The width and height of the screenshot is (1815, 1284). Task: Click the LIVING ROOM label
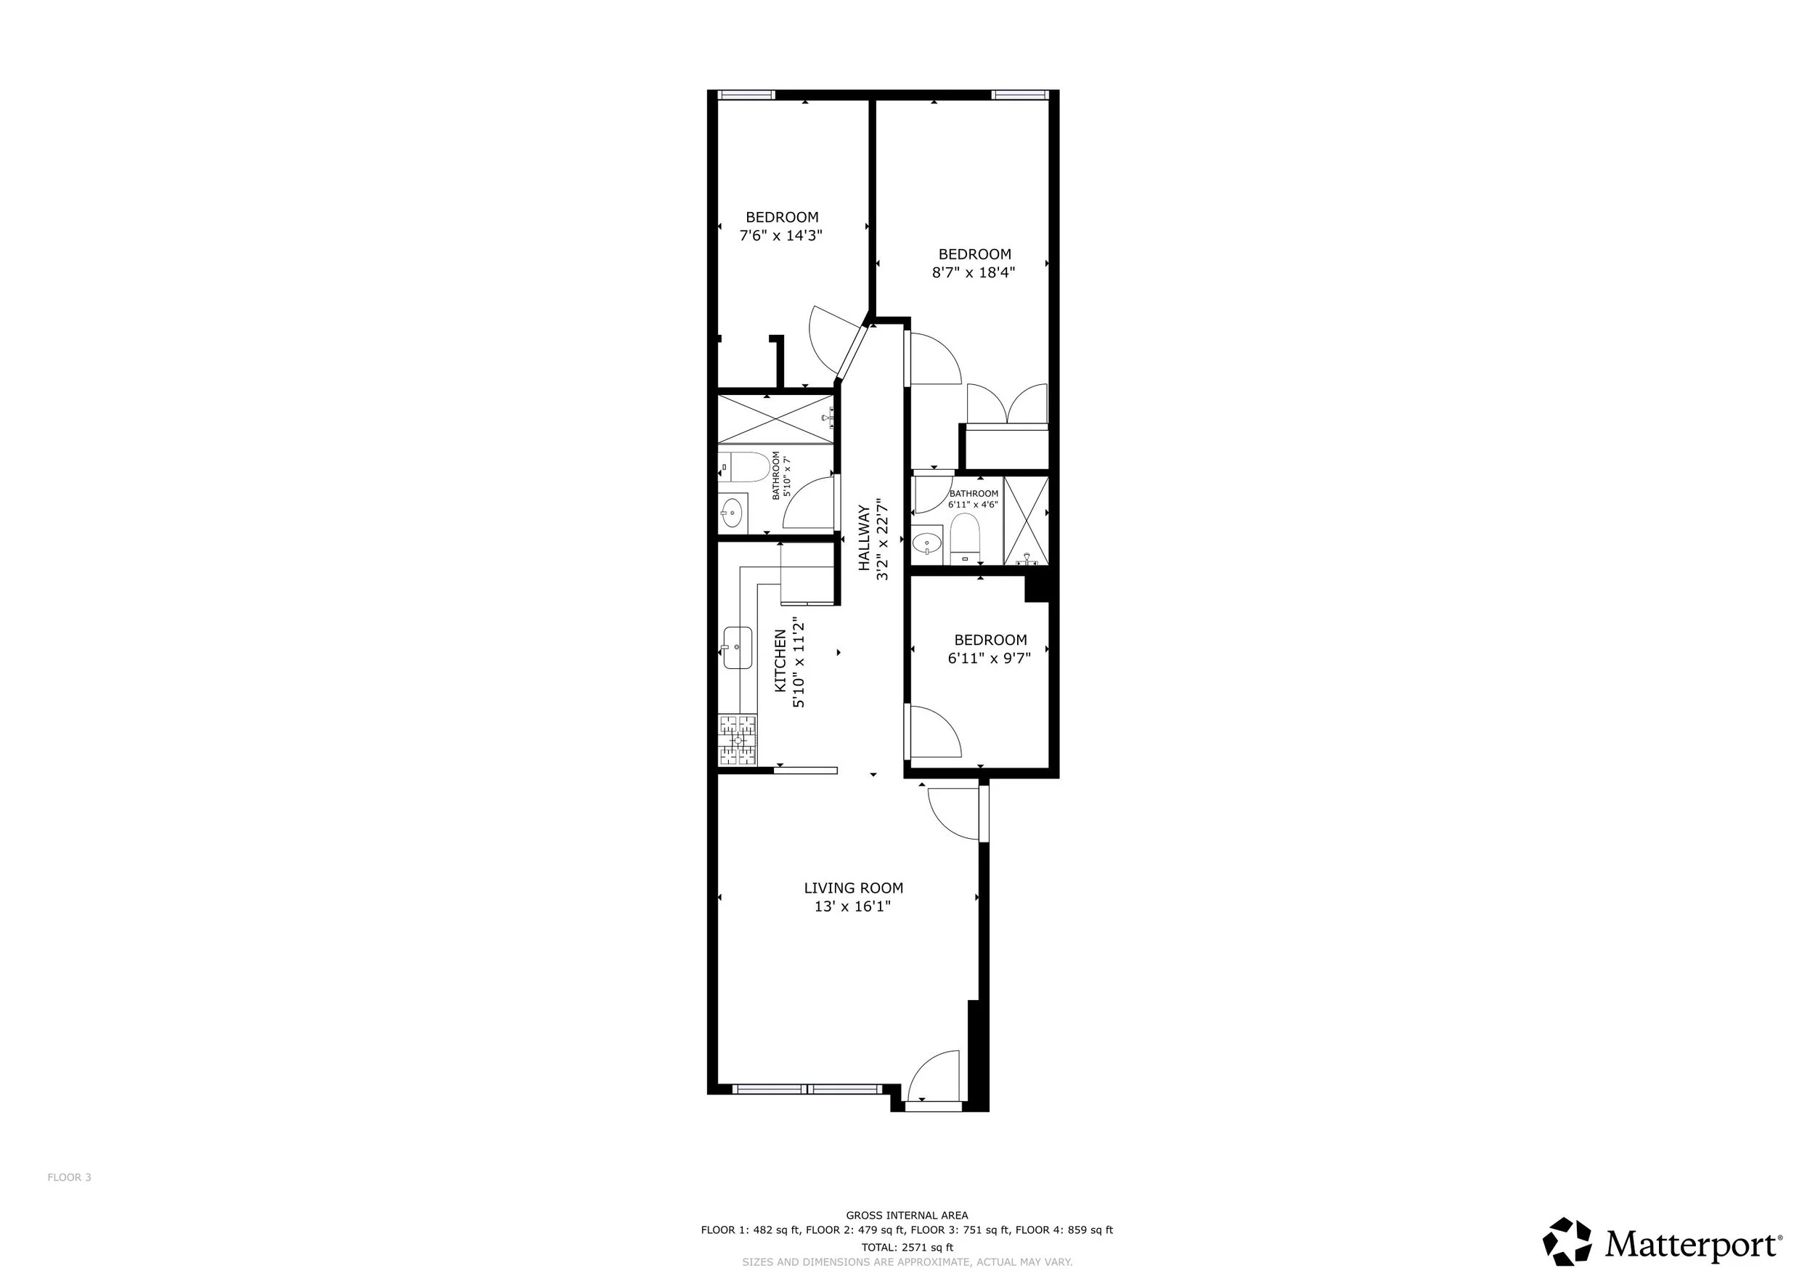[853, 888]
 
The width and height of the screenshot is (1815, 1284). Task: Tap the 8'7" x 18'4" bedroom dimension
[974, 273]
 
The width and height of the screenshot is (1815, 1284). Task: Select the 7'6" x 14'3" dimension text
[781, 235]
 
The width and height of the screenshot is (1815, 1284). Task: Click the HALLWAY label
[864, 537]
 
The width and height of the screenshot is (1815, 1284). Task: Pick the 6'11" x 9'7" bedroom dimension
[990, 658]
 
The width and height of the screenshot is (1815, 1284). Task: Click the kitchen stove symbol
[738, 740]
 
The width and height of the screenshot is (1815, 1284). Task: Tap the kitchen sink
[736, 648]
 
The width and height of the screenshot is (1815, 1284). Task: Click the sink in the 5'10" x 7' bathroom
[733, 512]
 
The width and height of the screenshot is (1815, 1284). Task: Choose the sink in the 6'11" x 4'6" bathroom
[926, 544]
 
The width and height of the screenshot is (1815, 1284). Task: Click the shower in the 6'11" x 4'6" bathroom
[1026, 520]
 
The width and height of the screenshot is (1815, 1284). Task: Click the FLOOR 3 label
[70, 1177]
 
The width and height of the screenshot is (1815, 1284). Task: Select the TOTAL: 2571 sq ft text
[907, 1248]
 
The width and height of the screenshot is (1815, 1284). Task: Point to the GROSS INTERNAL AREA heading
[907, 1215]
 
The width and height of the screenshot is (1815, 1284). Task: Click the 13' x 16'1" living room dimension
[853, 907]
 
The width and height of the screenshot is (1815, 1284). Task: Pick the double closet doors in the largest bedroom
[1007, 404]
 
